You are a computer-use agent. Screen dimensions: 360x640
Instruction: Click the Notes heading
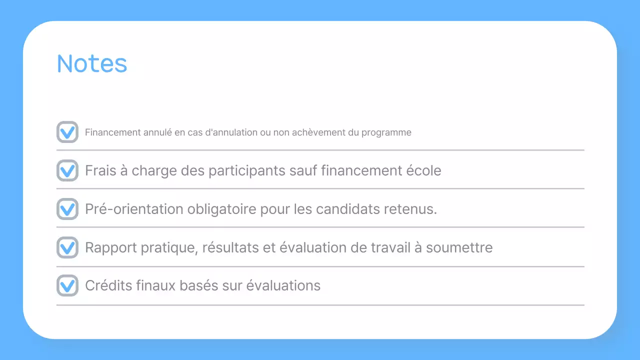pos(92,63)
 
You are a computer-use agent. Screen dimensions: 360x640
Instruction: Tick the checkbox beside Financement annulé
pos(67,132)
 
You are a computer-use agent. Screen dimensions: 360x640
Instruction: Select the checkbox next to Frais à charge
pos(67,170)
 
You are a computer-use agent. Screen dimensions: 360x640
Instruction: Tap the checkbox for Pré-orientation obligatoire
pos(67,209)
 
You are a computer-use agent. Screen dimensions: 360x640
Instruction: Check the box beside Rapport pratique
pos(67,247)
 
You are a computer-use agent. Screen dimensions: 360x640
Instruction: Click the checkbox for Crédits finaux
pos(67,285)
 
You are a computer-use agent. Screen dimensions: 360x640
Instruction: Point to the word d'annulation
pos(231,132)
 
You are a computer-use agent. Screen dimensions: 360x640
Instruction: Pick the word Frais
pos(99,170)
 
